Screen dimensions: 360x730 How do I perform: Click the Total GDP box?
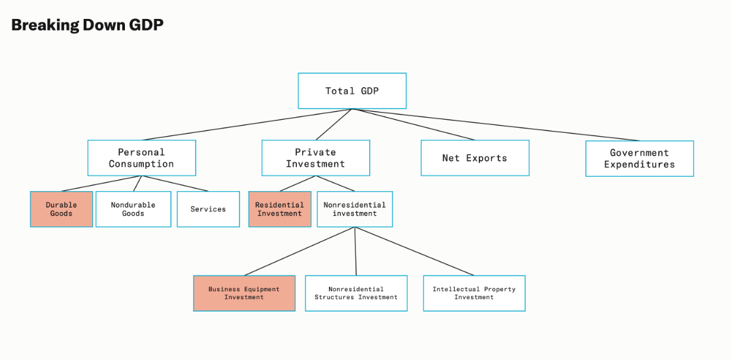(x=352, y=91)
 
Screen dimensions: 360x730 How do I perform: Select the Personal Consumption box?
(x=141, y=158)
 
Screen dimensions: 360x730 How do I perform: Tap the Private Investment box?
(x=315, y=158)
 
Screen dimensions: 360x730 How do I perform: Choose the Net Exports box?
(x=475, y=158)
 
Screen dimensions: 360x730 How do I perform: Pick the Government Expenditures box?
(x=639, y=158)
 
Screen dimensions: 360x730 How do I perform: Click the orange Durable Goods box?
(x=61, y=209)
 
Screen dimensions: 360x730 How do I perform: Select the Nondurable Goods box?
(x=133, y=209)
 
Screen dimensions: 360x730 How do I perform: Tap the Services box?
(x=208, y=209)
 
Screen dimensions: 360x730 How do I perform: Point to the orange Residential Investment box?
(x=280, y=209)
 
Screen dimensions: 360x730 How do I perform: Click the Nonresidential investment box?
(x=355, y=209)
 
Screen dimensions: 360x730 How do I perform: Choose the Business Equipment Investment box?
(x=244, y=293)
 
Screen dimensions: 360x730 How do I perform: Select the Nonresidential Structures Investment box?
(x=356, y=293)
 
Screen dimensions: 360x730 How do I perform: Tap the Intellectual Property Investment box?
(x=474, y=293)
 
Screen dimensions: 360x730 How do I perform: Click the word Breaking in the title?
(x=44, y=26)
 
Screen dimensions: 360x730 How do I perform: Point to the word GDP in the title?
(x=145, y=26)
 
